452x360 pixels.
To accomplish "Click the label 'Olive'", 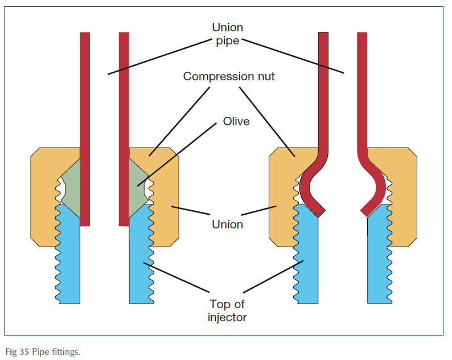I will pos(236,121).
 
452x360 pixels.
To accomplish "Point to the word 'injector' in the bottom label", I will pos(227,317).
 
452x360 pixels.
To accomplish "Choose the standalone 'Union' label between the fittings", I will pos(227,224).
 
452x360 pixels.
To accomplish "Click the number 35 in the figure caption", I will pos(19,351).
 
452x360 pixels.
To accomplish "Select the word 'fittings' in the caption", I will pos(66,351).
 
